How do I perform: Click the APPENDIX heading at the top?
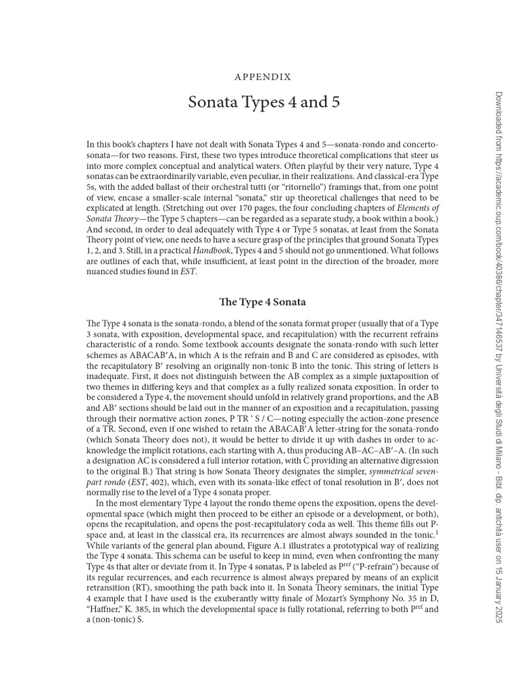(x=263, y=77)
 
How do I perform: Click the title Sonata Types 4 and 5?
(x=263, y=103)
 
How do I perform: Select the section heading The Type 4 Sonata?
(x=263, y=301)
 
